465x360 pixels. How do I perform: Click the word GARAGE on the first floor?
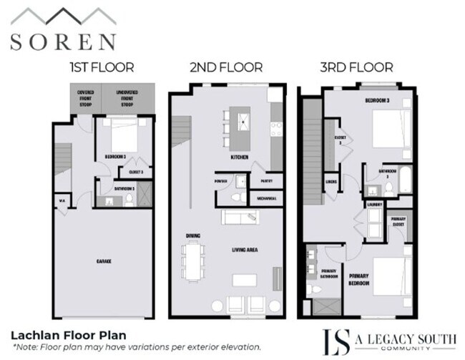(104, 262)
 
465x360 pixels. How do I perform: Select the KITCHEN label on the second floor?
(239, 156)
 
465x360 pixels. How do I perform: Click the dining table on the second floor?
(193, 261)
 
